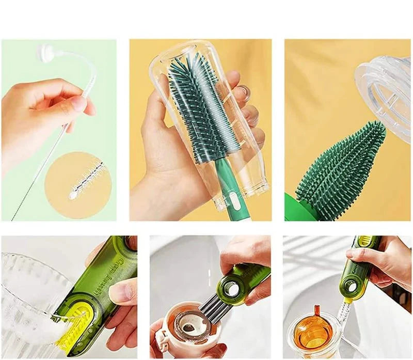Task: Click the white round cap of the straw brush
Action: tap(46, 53)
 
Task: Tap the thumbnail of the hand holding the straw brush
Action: tap(58, 130)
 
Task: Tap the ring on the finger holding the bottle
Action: tap(243, 92)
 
